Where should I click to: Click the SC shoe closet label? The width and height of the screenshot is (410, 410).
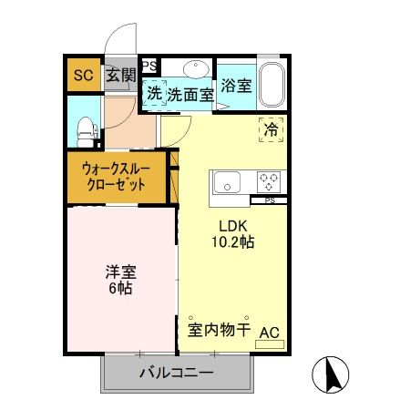(x=83, y=76)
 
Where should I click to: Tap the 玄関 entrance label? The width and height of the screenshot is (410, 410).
(x=119, y=76)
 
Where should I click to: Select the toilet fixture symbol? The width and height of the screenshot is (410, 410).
(x=84, y=129)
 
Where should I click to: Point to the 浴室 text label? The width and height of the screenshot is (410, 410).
(x=235, y=87)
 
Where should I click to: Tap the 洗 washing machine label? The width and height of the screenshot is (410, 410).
(x=155, y=92)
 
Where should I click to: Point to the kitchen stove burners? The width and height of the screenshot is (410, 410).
(x=270, y=179)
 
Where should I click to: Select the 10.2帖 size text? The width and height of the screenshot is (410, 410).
(x=234, y=243)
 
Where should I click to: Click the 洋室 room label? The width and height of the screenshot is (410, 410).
(x=118, y=271)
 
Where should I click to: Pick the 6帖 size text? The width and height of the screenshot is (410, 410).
(x=118, y=289)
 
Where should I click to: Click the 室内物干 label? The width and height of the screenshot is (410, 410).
(x=219, y=330)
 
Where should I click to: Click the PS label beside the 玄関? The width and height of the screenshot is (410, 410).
(x=149, y=65)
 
